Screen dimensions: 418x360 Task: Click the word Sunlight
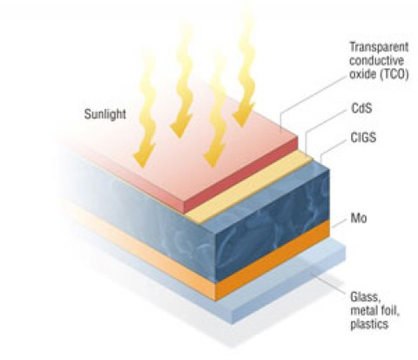[105, 114]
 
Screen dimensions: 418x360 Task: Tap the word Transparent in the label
[379, 47]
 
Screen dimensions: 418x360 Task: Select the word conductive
[376, 60]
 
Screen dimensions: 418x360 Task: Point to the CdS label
[361, 108]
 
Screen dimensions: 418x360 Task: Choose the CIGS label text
[363, 137]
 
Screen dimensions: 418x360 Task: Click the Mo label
[359, 218]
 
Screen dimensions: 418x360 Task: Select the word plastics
[369, 323]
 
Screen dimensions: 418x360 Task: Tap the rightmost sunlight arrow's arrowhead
[244, 115]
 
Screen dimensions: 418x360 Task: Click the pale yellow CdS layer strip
[250, 188]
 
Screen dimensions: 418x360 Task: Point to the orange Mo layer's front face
[273, 260]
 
